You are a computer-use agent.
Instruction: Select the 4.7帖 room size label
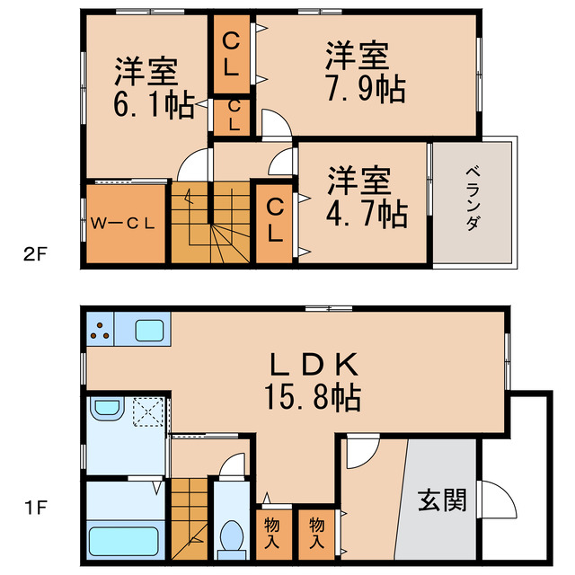[x=368, y=213]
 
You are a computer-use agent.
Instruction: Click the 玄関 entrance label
[x=443, y=500]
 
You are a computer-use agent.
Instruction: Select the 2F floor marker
[x=34, y=253]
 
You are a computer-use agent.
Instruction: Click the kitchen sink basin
[x=149, y=330]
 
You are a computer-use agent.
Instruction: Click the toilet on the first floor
[x=232, y=535]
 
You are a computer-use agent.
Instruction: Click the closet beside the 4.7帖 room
[x=276, y=221]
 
